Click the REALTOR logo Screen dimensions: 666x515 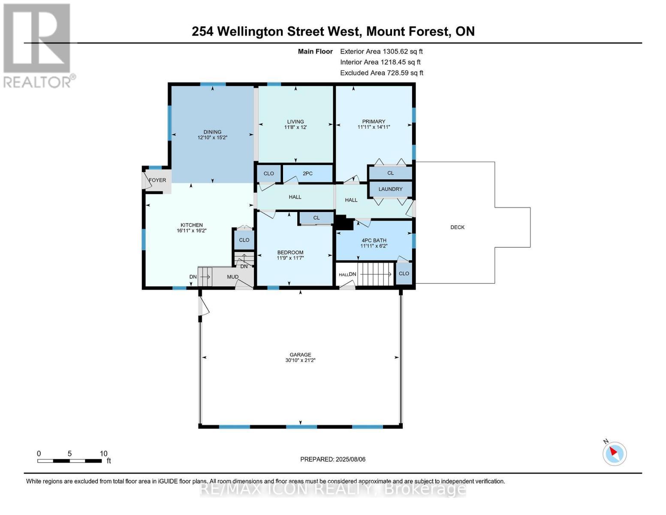38,46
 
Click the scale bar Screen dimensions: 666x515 69,460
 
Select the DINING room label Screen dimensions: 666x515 212,132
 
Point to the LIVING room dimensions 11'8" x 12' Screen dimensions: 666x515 295,127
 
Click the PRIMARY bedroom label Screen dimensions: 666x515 373,121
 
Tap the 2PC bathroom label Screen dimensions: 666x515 307,174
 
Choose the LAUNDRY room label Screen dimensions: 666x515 390,189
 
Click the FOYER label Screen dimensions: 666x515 157,180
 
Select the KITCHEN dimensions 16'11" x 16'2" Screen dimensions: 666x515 192,230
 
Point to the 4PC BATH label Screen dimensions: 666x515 374,240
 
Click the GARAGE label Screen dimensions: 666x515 300,354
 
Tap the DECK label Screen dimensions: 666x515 457,227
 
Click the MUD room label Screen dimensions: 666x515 232,277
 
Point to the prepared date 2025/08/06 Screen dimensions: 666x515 351,460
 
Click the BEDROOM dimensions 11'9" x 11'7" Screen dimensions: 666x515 290,258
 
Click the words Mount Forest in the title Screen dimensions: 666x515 408,32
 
